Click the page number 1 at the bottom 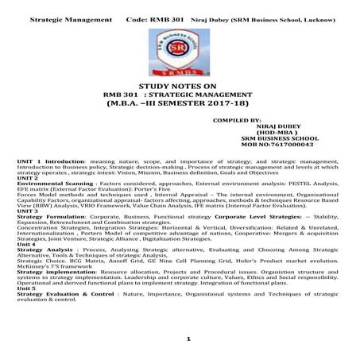[x=188, y=339]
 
